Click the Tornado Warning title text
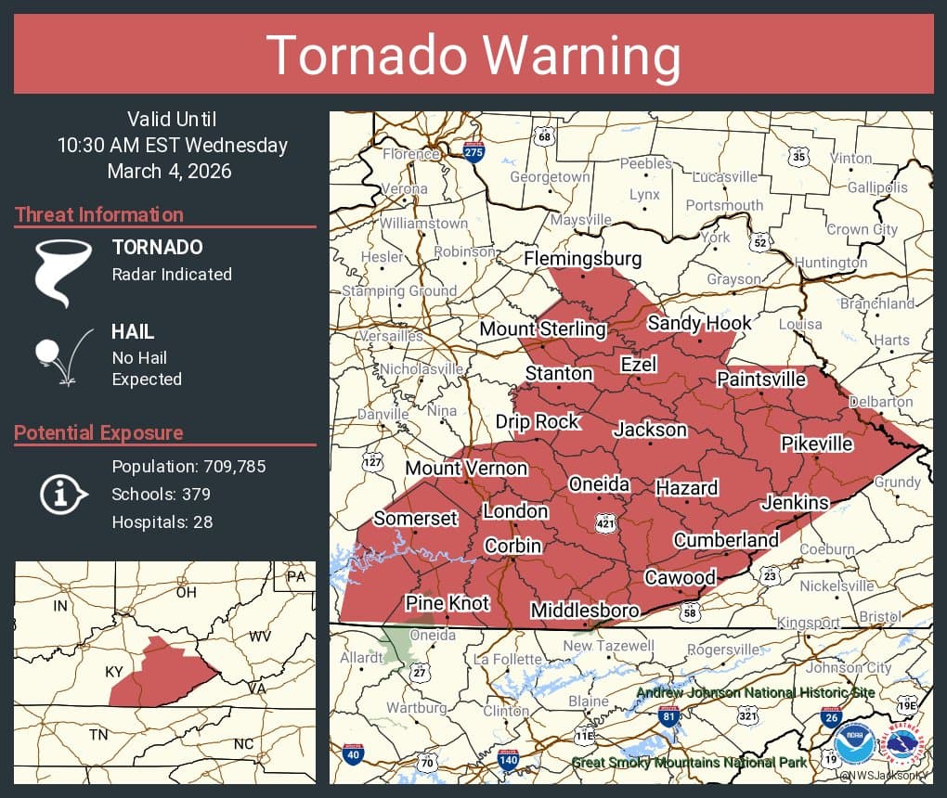pyautogui.click(x=473, y=56)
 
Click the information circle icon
pyautogui.click(x=62, y=493)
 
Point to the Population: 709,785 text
pyautogui.click(x=188, y=466)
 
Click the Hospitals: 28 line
pyautogui.click(x=162, y=521)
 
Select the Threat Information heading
pyautogui.click(x=98, y=214)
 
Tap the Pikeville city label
pyautogui.click(x=816, y=444)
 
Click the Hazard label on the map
pyautogui.click(x=686, y=488)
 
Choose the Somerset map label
pyautogui.click(x=415, y=518)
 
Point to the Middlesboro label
pyautogui.click(x=584, y=611)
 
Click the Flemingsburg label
pyautogui.click(x=582, y=258)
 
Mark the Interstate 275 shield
pyautogui.click(x=473, y=152)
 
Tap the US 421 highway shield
pyautogui.click(x=605, y=524)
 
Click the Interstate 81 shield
pyautogui.click(x=668, y=715)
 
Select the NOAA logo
pyautogui.click(x=854, y=743)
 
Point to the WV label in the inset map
pyautogui.click(x=258, y=637)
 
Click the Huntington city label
pyautogui.click(x=831, y=263)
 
